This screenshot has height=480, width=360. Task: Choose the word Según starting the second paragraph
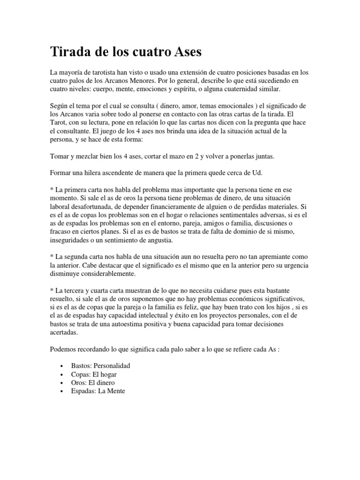point(60,107)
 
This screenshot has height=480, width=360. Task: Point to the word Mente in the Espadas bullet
point(115,391)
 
